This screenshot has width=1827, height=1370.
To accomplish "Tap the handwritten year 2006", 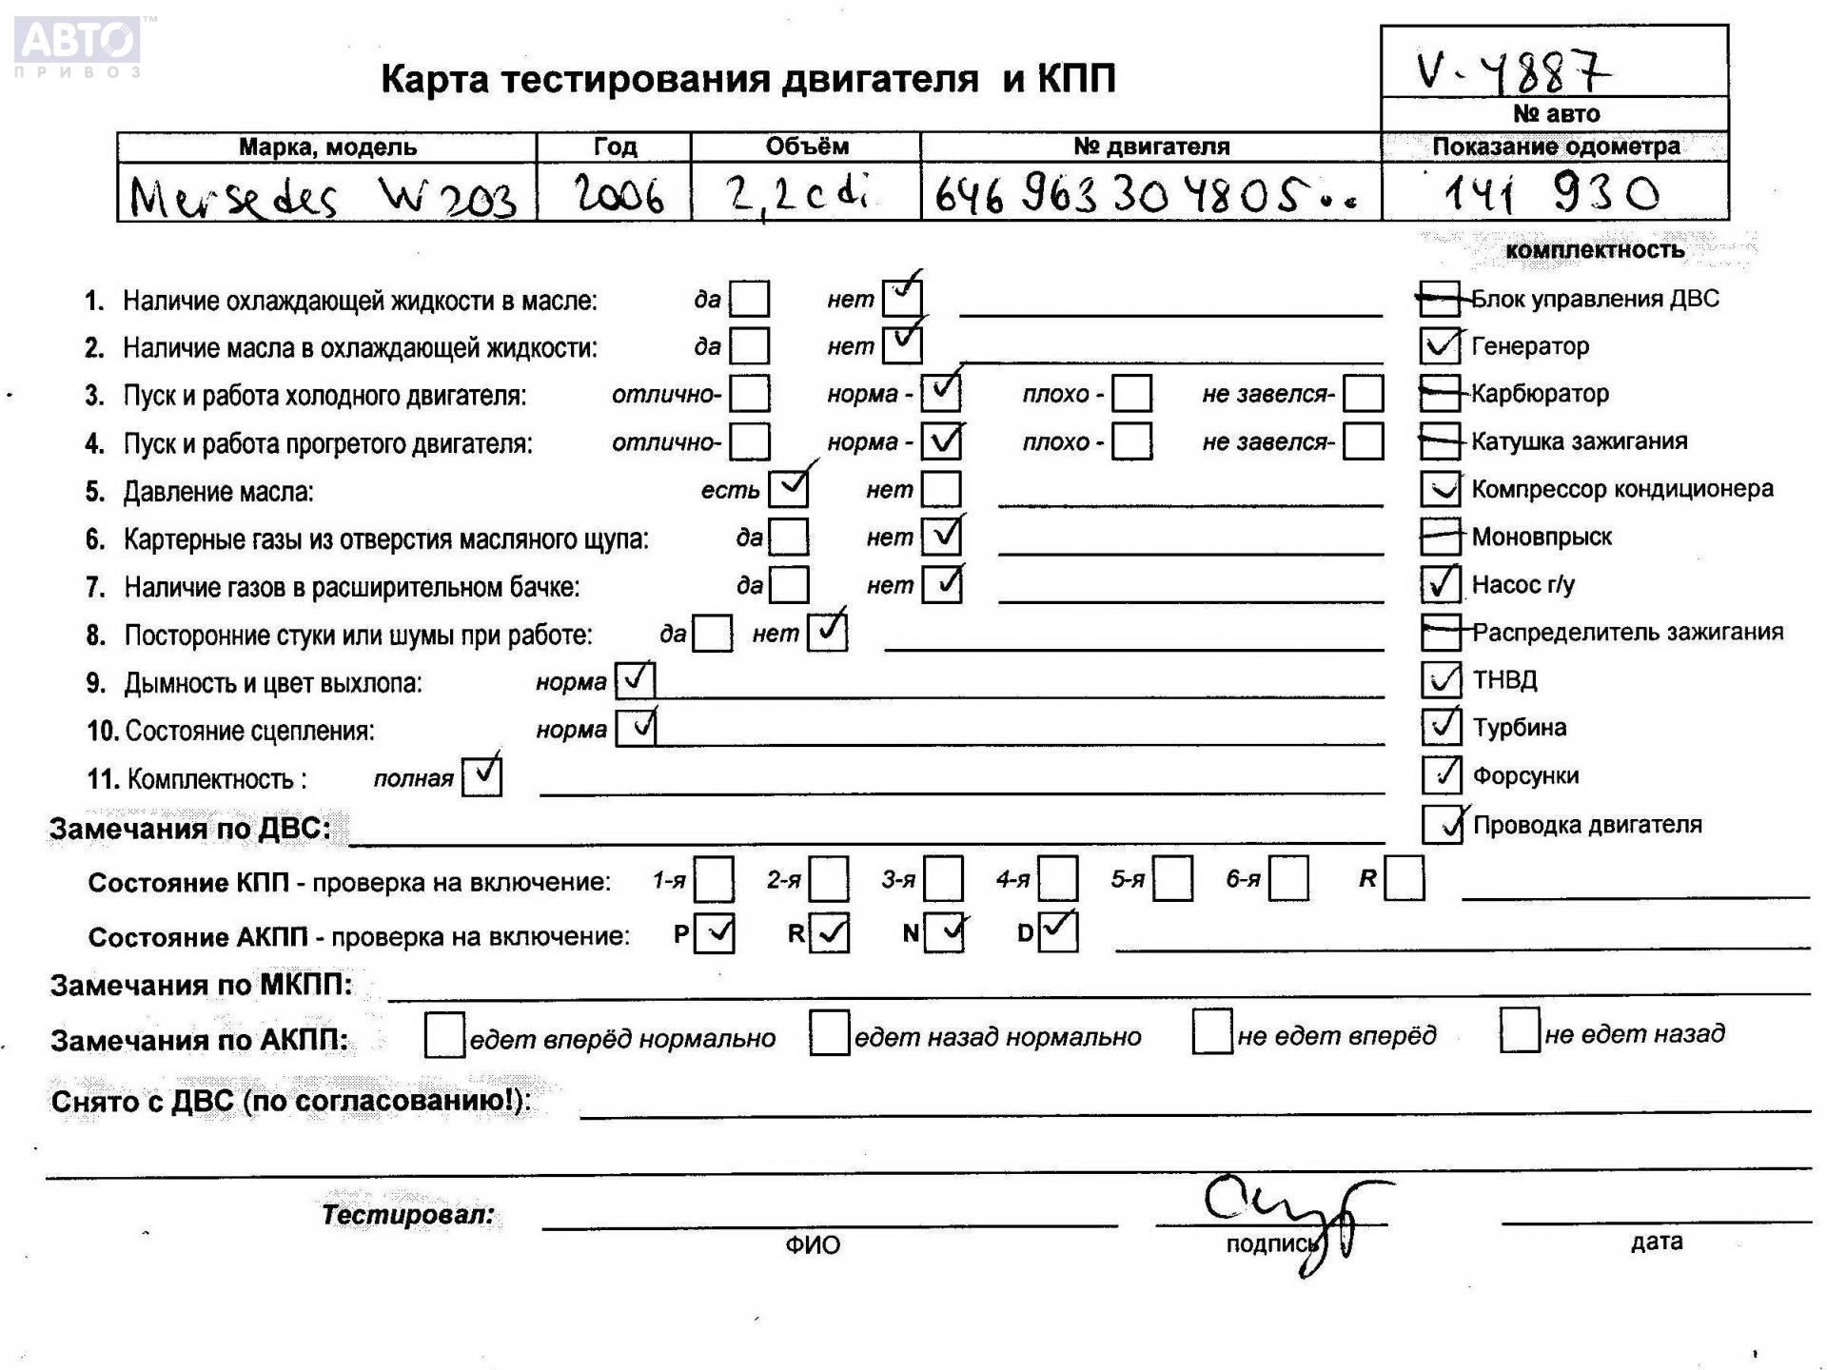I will (x=619, y=195).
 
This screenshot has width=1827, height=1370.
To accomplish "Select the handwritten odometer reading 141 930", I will (x=1551, y=194).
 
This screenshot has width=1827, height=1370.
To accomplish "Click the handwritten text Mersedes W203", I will (x=324, y=198).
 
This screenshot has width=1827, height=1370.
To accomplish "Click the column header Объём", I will (x=806, y=147).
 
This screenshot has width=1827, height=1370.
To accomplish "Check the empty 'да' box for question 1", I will (x=750, y=299).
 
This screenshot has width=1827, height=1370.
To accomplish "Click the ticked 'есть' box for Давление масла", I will (x=789, y=489).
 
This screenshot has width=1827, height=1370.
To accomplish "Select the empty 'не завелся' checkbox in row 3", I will (x=1363, y=393).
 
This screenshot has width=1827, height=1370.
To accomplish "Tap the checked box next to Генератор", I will (x=1440, y=345).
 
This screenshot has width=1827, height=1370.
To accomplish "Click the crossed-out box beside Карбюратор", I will (x=1440, y=393).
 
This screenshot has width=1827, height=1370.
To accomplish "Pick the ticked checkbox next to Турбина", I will (x=1441, y=727).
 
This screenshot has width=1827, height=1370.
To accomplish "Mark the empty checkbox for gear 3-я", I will (x=943, y=879).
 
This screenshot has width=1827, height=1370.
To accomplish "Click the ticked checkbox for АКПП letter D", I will (x=1057, y=932).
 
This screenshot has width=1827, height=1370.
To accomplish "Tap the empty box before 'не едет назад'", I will (x=1519, y=1032).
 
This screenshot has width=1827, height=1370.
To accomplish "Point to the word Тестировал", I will (x=408, y=1215).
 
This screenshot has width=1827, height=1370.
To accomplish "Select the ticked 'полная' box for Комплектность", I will (x=481, y=777).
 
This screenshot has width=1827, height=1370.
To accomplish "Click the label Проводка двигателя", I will (x=1587, y=825).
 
